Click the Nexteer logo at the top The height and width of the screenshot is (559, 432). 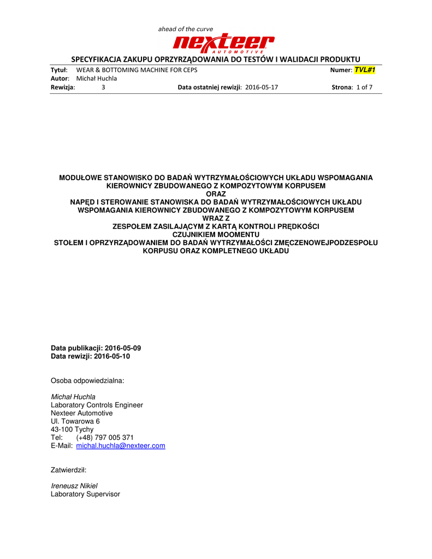223,43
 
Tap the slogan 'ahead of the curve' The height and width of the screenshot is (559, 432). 186,29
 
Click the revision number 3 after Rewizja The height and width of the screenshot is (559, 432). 103,87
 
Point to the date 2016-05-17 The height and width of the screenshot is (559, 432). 262,87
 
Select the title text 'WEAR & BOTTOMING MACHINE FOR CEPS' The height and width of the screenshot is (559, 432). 137,70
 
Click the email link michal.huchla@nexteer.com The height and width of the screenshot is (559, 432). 121,446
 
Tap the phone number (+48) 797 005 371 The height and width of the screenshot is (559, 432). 105,438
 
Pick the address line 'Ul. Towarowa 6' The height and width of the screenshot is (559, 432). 75,421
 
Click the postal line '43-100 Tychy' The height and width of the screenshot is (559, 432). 72,430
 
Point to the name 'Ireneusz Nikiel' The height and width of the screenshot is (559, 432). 74,486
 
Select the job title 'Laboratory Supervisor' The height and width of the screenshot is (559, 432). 85,494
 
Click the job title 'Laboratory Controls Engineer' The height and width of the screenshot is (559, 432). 97,405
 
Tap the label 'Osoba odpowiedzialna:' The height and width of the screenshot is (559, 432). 87,380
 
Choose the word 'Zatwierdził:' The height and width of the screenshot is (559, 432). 69,469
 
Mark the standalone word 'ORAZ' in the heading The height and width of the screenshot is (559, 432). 216,194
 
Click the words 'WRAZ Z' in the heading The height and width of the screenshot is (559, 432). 216,218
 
